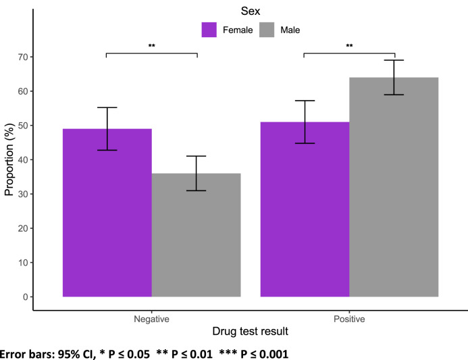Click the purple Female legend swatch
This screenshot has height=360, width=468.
coord(209,30)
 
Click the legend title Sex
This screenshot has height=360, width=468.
coord(250,10)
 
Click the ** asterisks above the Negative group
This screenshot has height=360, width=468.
coord(152,47)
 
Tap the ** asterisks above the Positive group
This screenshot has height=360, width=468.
coord(349,47)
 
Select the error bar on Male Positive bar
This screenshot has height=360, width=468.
coord(394,77)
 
